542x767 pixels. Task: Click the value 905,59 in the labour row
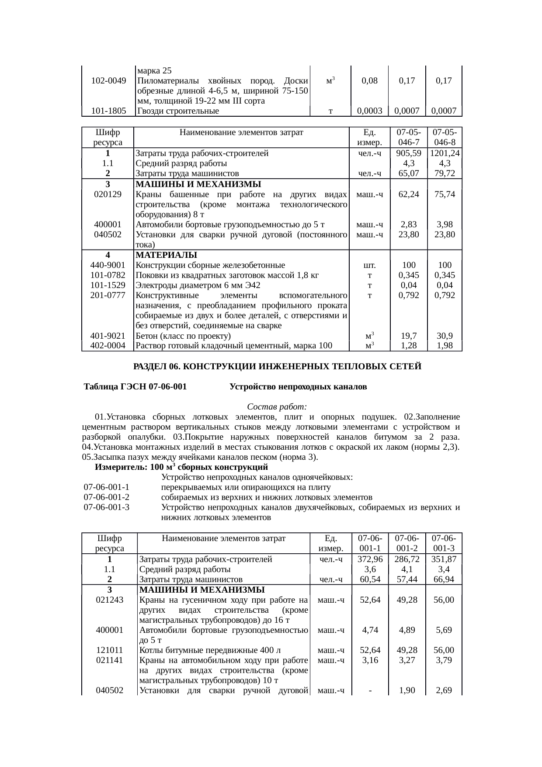(x=408, y=153)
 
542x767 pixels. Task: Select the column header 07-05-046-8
(x=445, y=137)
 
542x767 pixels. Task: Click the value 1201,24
(x=445, y=153)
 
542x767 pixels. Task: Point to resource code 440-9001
(x=108, y=265)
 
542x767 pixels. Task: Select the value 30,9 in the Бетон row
(x=445, y=336)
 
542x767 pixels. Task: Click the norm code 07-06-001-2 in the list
(x=107, y=497)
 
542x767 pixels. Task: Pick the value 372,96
(x=370, y=559)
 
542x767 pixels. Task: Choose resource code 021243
(x=109, y=600)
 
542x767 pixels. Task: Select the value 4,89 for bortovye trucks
(x=407, y=630)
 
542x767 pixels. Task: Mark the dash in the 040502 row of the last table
(x=370, y=691)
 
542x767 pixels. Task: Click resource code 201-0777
(x=108, y=295)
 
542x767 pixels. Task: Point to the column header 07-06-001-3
(x=445, y=543)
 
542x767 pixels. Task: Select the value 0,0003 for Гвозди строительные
(x=370, y=111)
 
